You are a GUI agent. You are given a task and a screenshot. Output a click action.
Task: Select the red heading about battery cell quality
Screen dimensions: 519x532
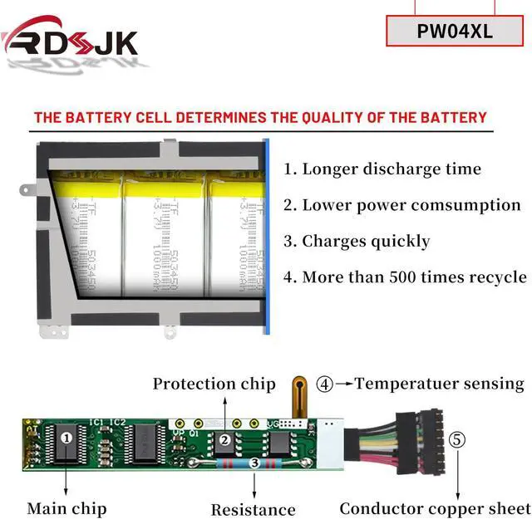(x=259, y=117)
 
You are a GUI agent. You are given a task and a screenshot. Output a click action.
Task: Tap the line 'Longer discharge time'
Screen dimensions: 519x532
(x=382, y=169)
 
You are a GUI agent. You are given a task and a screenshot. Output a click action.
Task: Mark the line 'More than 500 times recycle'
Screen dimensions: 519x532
(x=405, y=277)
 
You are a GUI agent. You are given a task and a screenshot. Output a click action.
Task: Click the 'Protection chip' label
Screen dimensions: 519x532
(x=214, y=384)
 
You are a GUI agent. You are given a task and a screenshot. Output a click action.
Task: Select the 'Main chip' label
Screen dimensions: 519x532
(x=66, y=507)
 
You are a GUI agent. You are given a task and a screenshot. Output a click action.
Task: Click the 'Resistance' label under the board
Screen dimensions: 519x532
(x=253, y=509)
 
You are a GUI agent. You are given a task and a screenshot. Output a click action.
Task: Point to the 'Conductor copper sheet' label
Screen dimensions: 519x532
(x=433, y=507)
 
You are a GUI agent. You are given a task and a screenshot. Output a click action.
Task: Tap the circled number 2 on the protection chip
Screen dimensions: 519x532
(x=224, y=441)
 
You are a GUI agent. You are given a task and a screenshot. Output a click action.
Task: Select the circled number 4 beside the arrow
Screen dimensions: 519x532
(x=324, y=384)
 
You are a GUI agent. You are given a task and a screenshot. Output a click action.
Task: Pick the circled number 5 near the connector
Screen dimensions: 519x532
(x=457, y=440)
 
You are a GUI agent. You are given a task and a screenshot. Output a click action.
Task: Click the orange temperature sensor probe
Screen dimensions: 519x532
(x=298, y=394)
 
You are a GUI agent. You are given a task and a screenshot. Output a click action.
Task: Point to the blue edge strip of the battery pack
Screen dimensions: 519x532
(x=266, y=237)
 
